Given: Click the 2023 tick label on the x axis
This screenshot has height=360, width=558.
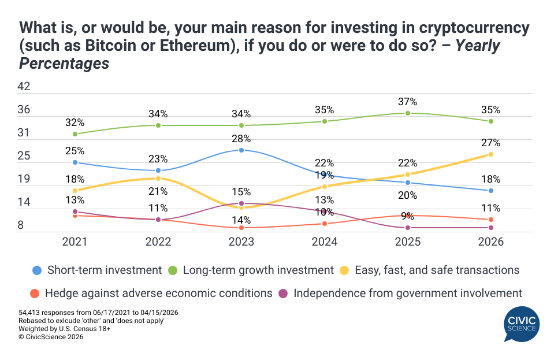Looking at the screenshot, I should point(241,243).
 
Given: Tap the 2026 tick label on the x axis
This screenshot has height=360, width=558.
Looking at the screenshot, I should point(491,243).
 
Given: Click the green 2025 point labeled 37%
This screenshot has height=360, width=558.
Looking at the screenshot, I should point(408,113).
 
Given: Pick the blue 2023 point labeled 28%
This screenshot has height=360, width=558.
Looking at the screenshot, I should point(241,150).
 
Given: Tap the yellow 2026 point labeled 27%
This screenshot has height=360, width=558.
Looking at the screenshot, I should point(491,154).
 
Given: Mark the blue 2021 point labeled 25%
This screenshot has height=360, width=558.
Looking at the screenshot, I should point(75,162).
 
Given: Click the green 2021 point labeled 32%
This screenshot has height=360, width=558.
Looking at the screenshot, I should point(75,134).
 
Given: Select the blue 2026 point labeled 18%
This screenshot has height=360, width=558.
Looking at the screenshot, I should point(491,191).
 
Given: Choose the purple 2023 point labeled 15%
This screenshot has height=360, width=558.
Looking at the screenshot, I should point(241,203).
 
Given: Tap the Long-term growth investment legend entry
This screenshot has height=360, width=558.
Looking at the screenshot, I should point(251,270).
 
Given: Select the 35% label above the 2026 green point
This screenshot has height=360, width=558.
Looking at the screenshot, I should point(491,110).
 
